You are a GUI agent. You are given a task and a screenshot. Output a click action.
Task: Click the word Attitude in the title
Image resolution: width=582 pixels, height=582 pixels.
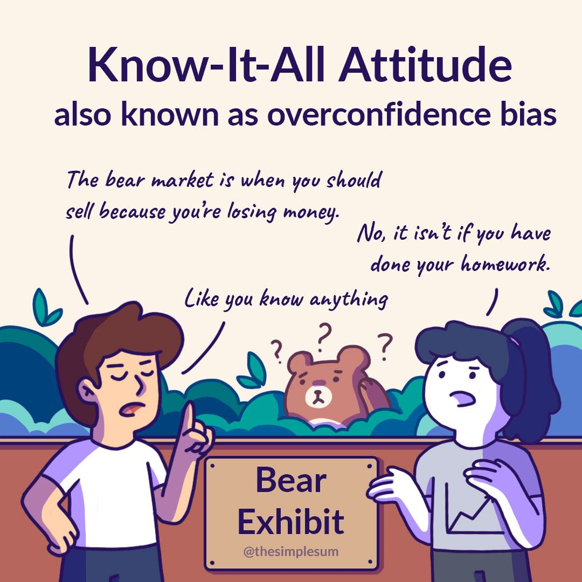coord(425,65)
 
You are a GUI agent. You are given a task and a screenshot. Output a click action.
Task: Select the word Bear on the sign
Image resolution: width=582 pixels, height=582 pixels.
coord(291,480)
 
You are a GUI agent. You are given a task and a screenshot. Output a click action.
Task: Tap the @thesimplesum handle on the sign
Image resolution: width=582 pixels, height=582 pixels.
coord(291,551)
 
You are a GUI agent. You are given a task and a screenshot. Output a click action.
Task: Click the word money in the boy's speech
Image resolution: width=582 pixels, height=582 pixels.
coord(310,212)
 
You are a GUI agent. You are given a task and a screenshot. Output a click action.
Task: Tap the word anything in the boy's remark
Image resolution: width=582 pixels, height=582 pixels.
coord(349,299)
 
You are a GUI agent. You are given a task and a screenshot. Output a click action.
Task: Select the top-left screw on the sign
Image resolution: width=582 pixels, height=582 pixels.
coord(212,466)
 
